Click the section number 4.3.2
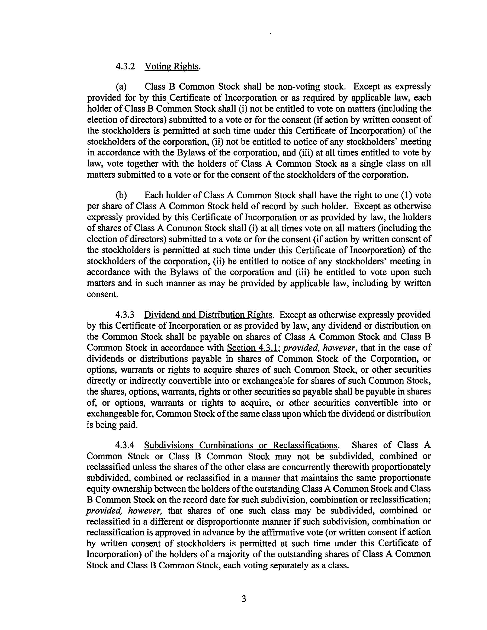(x=125, y=66)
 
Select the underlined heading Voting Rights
(x=172, y=66)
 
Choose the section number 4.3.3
(x=125, y=314)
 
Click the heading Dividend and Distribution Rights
(x=208, y=314)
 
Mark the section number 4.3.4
(x=125, y=445)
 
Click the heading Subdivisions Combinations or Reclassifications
(x=240, y=445)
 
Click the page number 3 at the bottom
(x=244, y=599)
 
